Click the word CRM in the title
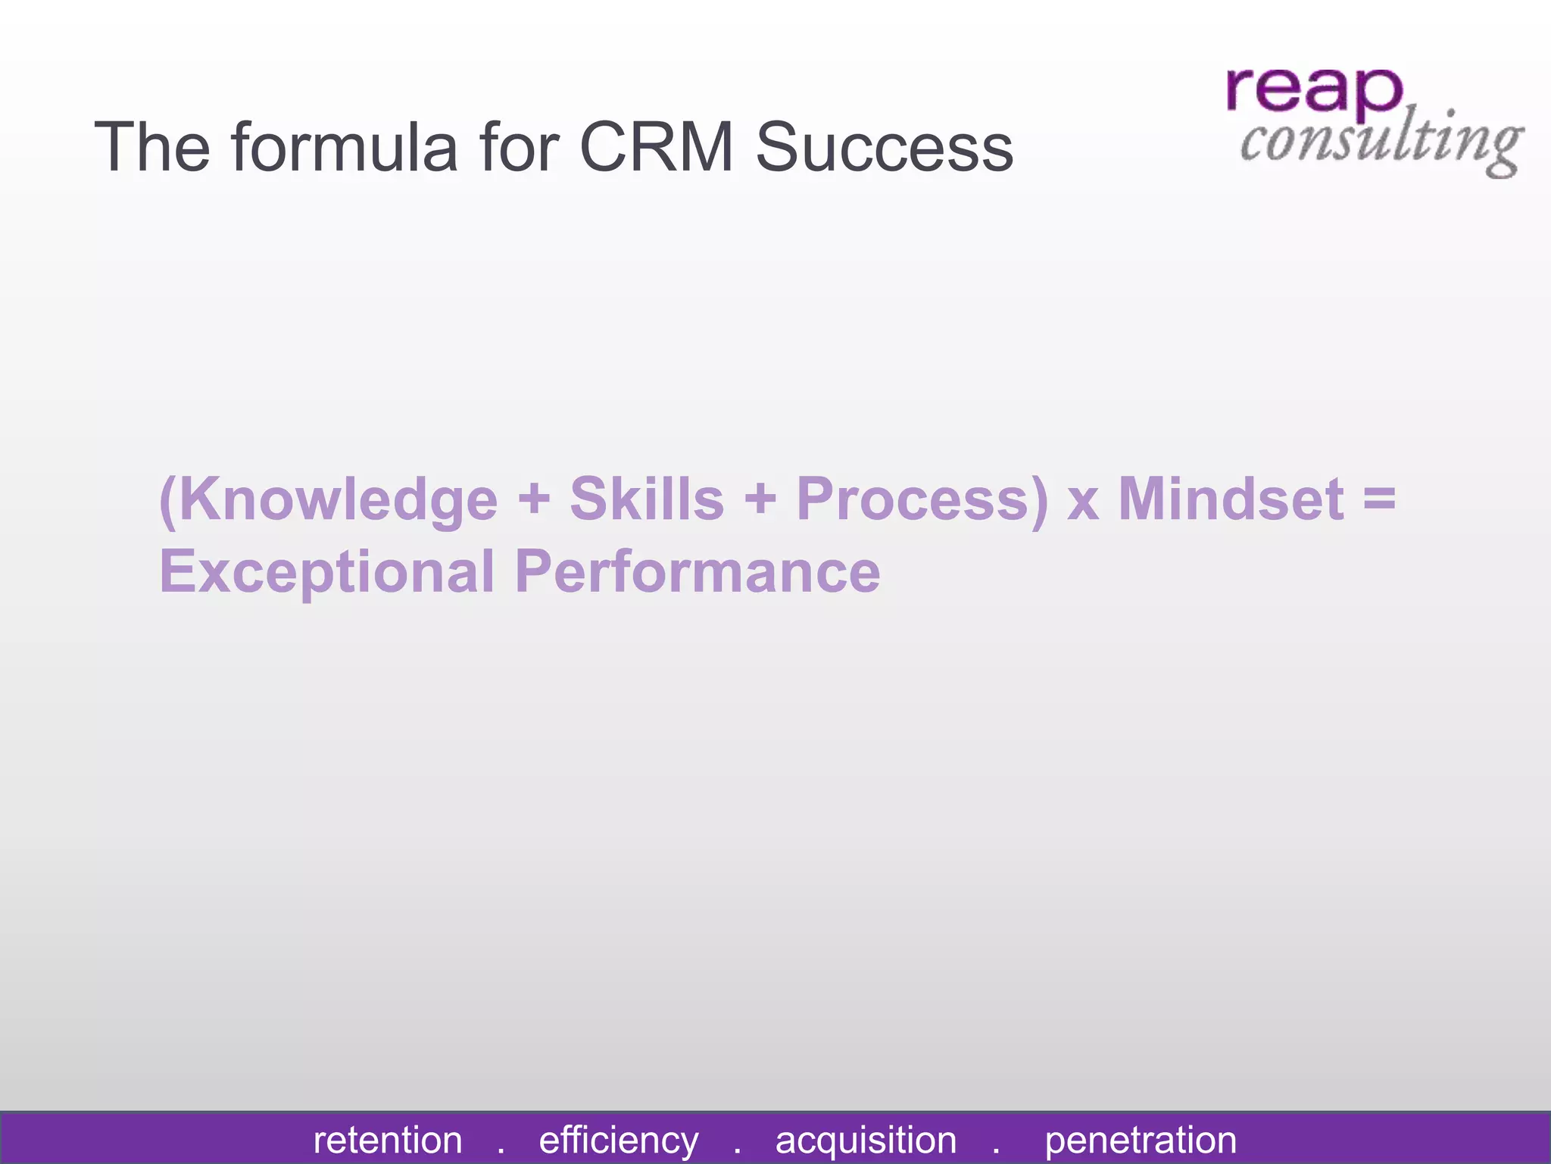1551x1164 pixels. point(656,147)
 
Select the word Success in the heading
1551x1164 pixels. point(884,147)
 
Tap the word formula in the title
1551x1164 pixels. point(345,147)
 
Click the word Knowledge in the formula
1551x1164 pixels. point(329,500)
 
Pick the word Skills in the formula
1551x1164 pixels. point(647,500)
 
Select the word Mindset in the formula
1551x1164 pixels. point(1231,500)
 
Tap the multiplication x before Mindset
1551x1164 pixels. point(1083,503)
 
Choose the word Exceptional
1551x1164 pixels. point(326,572)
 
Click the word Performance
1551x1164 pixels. point(697,572)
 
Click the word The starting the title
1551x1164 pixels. point(151,147)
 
